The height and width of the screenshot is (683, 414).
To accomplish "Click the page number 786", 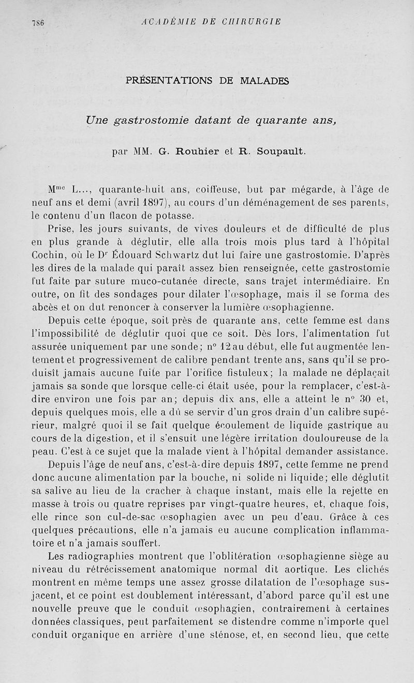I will coord(38,22).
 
